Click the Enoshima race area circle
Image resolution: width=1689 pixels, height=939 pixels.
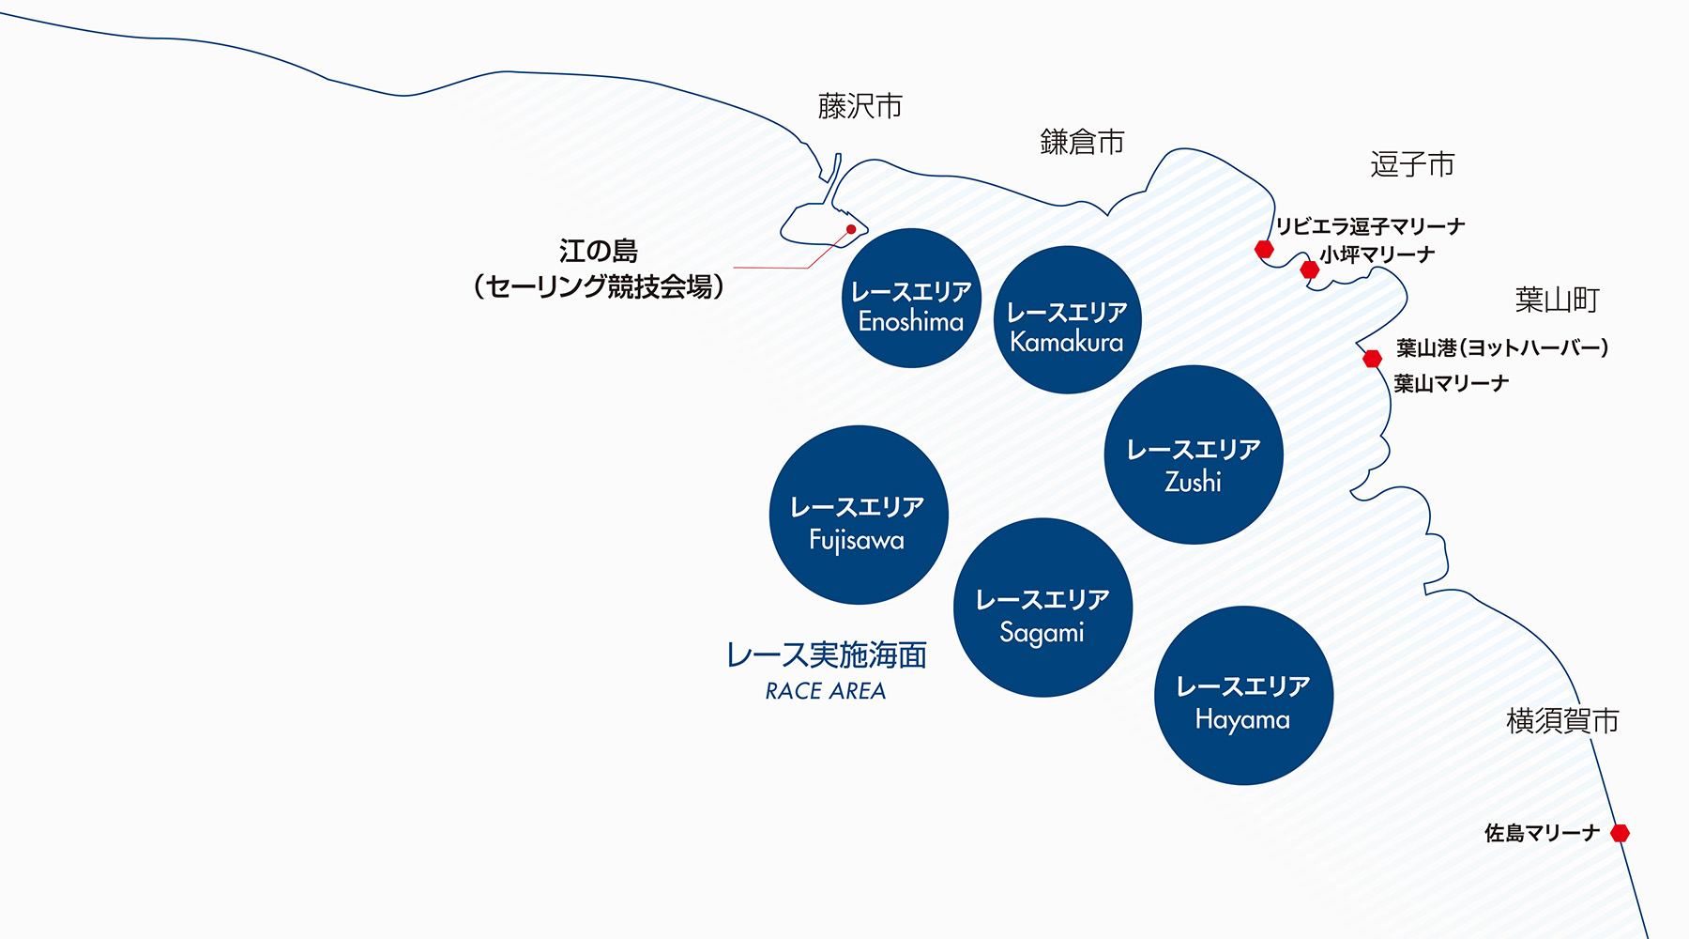pyautogui.click(x=911, y=298)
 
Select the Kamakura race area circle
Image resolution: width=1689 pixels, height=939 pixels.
pyautogui.click(x=1067, y=319)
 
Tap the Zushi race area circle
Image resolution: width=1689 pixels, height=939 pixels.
pyautogui.click(x=1194, y=454)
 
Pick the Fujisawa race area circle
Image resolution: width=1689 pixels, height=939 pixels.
pyautogui.click(x=859, y=515)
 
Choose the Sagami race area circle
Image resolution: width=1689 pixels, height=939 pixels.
pyautogui.click(x=1042, y=608)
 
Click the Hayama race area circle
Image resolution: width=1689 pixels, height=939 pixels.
pyautogui.click(x=1243, y=695)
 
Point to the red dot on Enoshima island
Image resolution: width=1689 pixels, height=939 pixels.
pyautogui.click(x=851, y=229)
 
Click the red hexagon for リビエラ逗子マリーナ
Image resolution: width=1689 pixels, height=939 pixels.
pyautogui.click(x=1264, y=249)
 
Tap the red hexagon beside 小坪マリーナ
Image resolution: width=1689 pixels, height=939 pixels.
pyautogui.click(x=1310, y=270)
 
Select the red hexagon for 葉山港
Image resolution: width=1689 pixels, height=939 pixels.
pyautogui.click(x=1372, y=358)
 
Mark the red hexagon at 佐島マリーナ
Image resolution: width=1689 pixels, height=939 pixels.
pyautogui.click(x=1620, y=833)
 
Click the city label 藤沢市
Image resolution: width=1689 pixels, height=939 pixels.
pyautogui.click(x=860, y=106)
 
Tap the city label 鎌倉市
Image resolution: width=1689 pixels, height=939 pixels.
pyautogui.click(x=1082, y=142)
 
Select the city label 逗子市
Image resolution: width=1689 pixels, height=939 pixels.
pyautogui.click(x=1412, y=164)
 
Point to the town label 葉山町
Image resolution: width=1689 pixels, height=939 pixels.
pyautogui.click(x=1557, y=300)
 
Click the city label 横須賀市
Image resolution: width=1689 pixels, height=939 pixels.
pyautogui.click(x=1562, y=720)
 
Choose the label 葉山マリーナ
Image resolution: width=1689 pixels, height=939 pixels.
pyautogui.click(x=1452, y=383)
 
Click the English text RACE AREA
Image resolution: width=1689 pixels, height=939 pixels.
pyautogui.click(x=826, y=691)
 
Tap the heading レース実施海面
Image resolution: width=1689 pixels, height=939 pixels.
pyautogui.click(x=827, y=654)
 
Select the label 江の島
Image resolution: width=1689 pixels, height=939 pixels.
pyautogui.click(x=599, y=251)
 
